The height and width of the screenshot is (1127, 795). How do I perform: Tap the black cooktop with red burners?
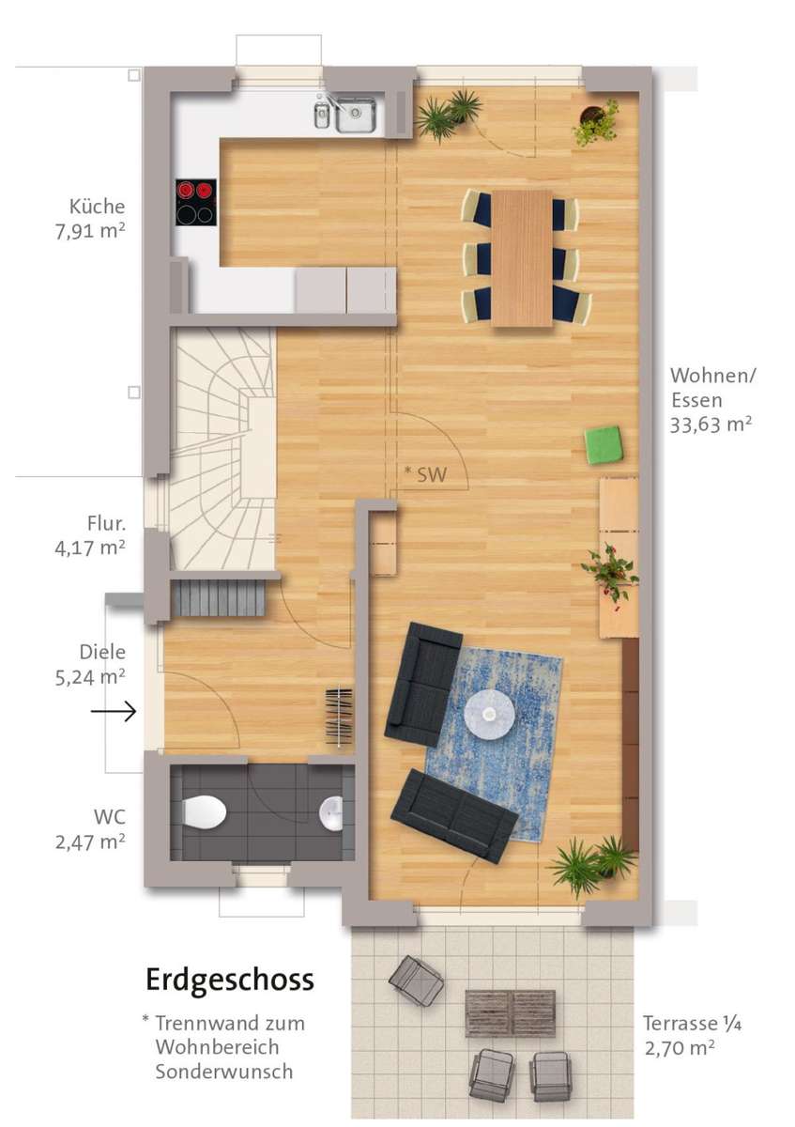point(196,202)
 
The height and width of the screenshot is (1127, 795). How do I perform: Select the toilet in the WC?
point(205,811)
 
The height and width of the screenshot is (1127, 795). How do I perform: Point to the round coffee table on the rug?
point(489,713)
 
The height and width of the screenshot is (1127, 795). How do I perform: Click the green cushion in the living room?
point(604,442)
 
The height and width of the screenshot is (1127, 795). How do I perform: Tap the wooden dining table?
point(523,258)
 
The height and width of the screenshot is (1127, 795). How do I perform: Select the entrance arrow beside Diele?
point(114,712)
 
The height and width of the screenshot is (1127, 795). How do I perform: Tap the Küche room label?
point(97,207)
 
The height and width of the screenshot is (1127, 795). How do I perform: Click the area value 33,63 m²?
point(711,425)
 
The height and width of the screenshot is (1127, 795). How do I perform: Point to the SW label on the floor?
point(432,475)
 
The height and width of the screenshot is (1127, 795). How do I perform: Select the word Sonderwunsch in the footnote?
point(223,1072)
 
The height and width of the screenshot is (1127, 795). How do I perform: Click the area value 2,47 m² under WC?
point(90,841)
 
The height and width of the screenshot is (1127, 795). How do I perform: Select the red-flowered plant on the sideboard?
point(610,573)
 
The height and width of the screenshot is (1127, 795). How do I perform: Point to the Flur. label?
point(106,523)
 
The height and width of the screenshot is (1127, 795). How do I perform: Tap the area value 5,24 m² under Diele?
point(90,677)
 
